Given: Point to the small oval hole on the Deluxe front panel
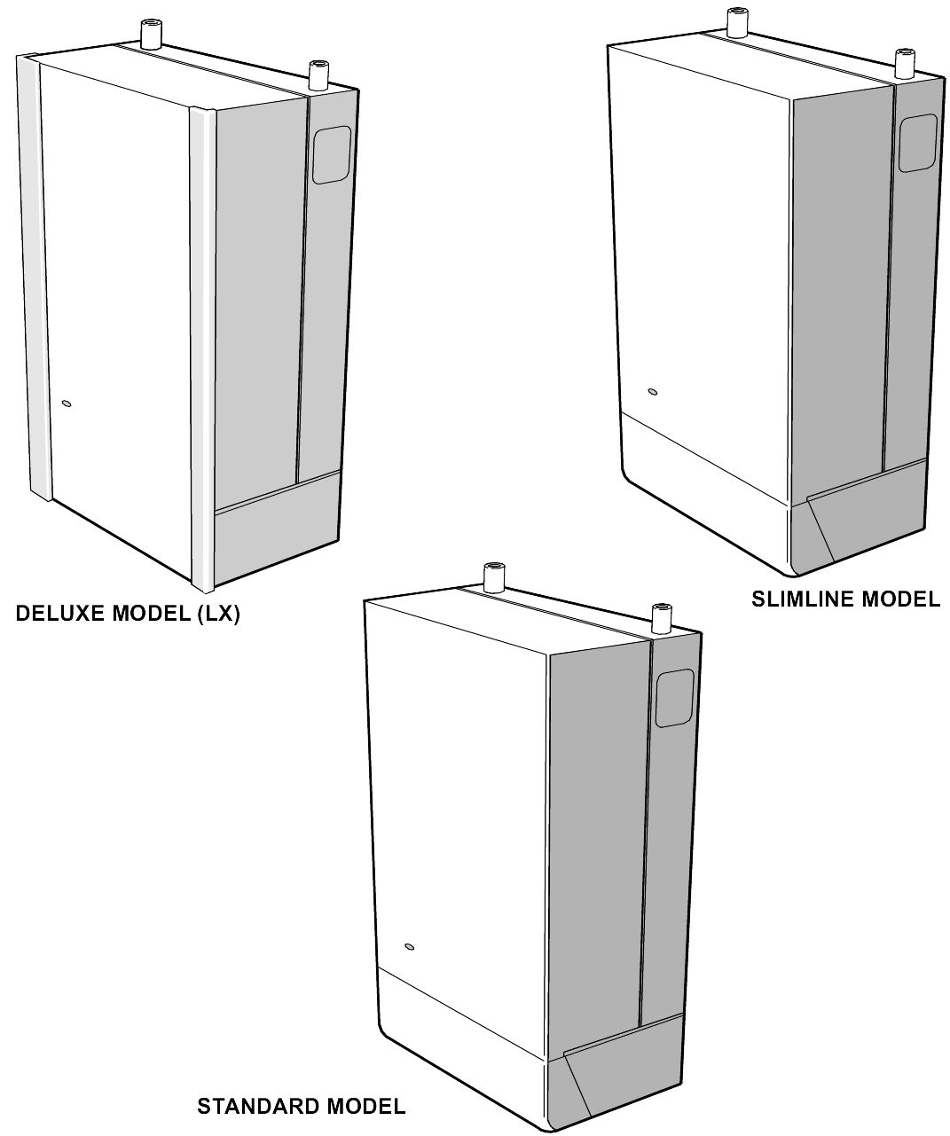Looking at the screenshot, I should (66, 404).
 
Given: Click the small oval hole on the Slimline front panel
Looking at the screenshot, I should (653, 391).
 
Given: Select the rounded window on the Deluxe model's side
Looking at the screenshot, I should (331, 155).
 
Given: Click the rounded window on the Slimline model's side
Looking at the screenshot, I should (918, 143).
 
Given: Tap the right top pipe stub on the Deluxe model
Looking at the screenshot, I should (317, 75).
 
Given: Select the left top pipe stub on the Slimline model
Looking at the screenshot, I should (736, 21).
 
